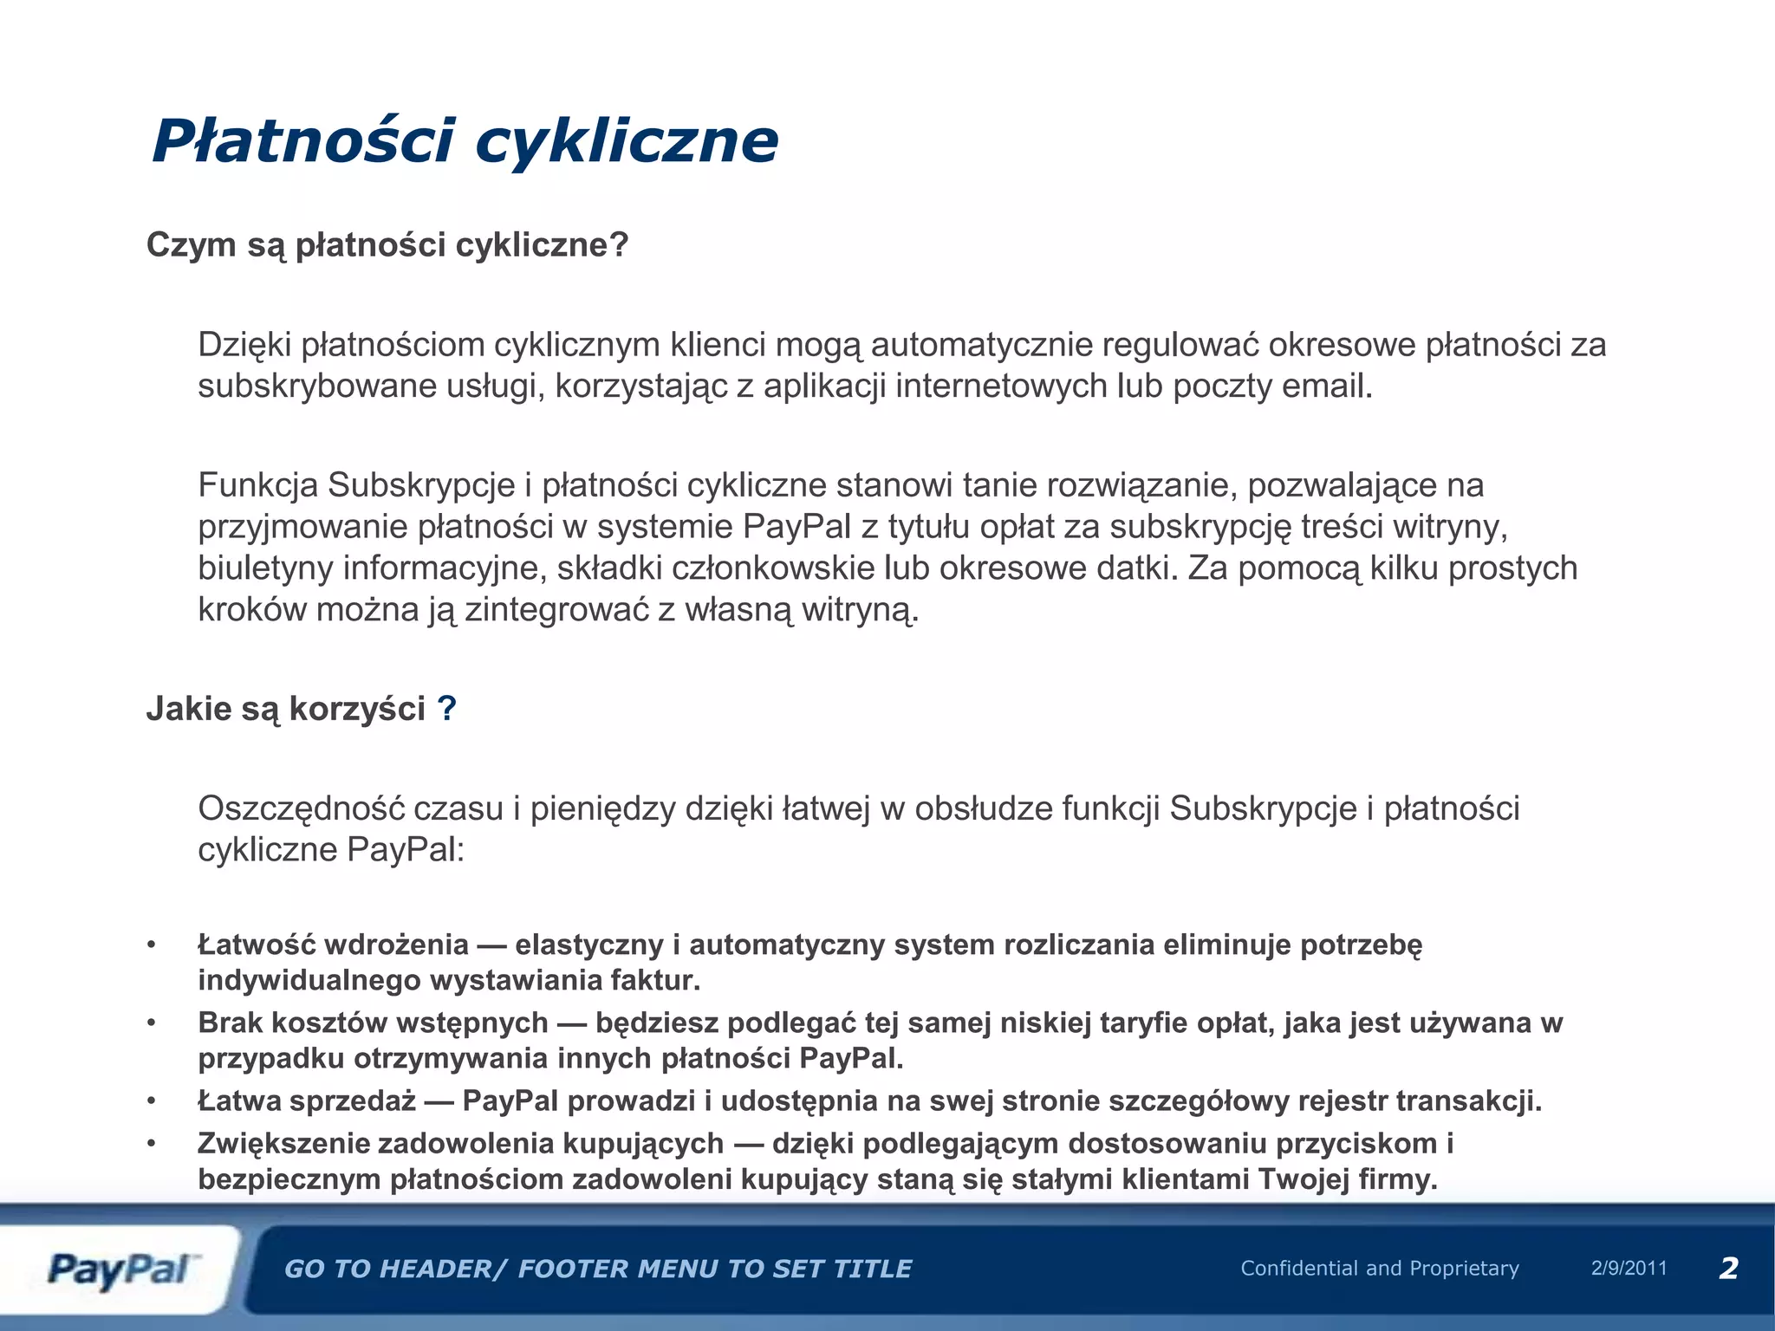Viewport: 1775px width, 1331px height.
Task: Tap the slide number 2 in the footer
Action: pyautogui.click(x=1728, y=1269)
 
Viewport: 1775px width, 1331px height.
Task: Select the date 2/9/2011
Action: pyautogui.click(x=1629, y=1269)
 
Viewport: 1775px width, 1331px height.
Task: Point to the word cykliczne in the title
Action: pyautogui.click(x=627, y=141)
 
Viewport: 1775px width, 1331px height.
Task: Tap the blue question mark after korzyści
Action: pyautogui.click(x=446, y=709)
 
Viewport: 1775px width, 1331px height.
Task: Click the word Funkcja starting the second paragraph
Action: pyautogui.click(x=258, y=485)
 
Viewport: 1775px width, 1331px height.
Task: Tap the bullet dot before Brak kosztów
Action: pyautogui.click(x=152, y=1023)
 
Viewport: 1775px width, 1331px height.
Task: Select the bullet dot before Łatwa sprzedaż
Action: pyautogui.click(x=152, y=1101)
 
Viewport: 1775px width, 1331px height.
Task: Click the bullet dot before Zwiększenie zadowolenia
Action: pyautogui.click(x=152, y=1144)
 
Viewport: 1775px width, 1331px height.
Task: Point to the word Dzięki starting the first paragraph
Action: pyautogui.click(x=244, y=345)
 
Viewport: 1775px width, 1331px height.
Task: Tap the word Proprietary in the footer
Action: pyautogui.click(x=1465, y=1269)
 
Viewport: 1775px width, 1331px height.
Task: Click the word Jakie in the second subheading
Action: pyautogui.click(x=188, y=709)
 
